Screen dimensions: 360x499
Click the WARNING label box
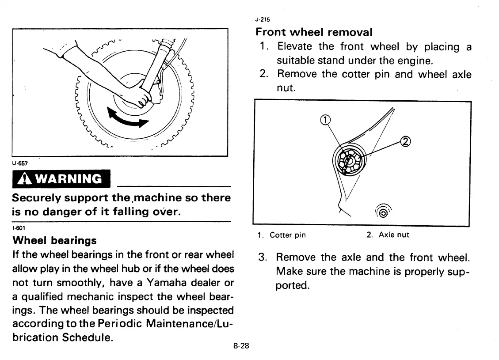point(61,179)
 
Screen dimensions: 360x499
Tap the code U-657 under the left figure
point(21,163)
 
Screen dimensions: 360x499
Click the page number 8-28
point(241,346)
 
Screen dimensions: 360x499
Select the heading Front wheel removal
point(314,32)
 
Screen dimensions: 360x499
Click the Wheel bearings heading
point(55,241)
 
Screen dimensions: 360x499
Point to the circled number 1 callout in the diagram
point(325,119)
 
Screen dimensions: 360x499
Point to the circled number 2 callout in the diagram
point(405,141)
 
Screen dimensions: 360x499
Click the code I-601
point(19,228)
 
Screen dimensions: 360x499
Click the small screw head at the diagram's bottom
point(383,213)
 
